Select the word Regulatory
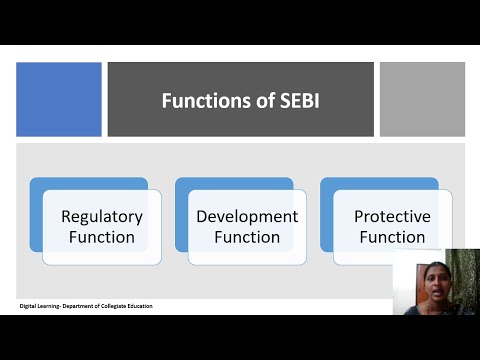click(x=102, y=216)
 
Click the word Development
click(x=247, y=216)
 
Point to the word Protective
click(x=392, y=216)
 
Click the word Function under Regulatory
click(x=102, y=237)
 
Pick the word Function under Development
click(x=247, y=237)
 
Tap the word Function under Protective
click(x=392, y=237)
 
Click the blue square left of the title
click(x=59, y=99)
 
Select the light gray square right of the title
click(x=422, y=99)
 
